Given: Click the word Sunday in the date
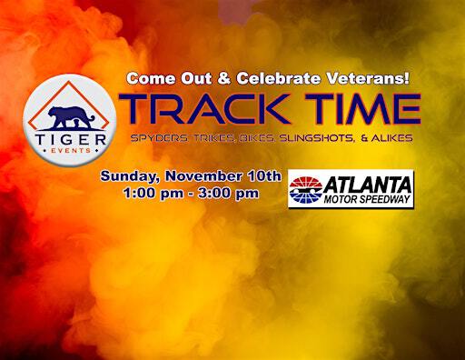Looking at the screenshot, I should pos(127,175).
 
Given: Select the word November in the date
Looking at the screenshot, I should pos(201,175).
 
